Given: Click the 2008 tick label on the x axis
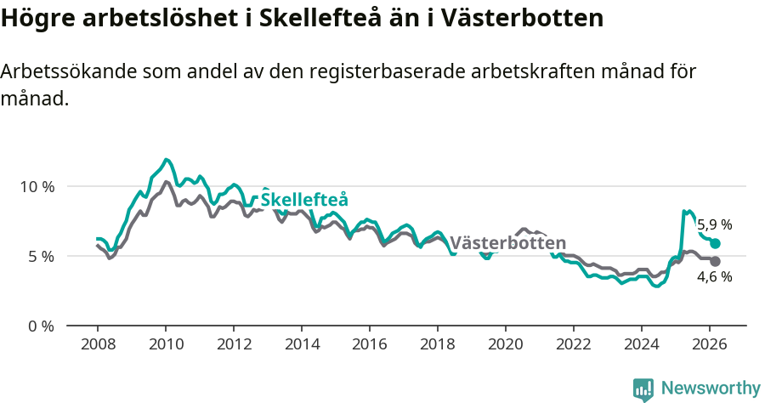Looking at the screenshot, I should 97,344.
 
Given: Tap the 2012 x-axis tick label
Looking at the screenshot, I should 233,344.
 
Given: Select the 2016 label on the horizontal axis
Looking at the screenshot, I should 370,344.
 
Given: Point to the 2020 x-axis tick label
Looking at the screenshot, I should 506,344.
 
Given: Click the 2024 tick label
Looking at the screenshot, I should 642,344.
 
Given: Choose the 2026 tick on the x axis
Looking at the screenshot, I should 710,344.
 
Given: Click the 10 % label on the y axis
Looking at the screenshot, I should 37,186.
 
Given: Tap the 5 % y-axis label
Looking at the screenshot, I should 41,256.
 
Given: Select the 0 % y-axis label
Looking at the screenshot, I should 41,326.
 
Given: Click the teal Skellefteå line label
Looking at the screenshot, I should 304,200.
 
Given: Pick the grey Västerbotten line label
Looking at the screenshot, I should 507,242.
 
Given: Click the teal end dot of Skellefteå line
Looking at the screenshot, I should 715,243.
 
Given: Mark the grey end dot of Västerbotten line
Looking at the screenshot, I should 715,261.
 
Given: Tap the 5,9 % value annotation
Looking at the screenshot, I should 715,225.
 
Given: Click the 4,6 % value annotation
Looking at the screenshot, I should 715,277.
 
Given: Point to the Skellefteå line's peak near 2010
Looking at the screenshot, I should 167,159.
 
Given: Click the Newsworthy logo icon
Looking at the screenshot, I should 643,389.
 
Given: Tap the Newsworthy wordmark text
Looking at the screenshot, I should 711,389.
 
